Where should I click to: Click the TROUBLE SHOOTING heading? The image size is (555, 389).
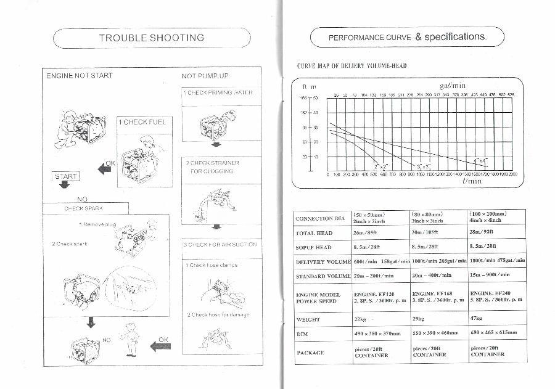click(152, 38)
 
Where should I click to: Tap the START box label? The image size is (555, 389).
click(66, 176)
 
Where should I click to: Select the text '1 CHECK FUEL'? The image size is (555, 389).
click(142, 122)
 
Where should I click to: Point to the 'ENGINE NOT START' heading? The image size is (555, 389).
click(80, 76)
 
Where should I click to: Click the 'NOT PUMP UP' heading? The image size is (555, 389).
click(205, 76)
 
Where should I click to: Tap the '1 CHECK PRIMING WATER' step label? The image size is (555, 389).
click(217, 92)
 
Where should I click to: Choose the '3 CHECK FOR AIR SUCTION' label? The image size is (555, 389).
click(220, 245)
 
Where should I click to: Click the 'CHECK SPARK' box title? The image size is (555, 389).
click(83, 208)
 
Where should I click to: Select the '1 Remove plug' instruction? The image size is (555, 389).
click(97, 224)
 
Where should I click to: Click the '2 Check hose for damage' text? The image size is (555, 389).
click(218, 315)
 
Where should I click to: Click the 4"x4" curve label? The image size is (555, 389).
click(480, 161)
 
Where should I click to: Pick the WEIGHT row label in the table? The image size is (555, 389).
click(308, 320)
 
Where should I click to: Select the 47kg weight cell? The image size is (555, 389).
click(476, 319)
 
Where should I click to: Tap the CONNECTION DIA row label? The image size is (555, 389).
click(319, 219)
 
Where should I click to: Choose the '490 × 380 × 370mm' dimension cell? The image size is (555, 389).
click(377, 333)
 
